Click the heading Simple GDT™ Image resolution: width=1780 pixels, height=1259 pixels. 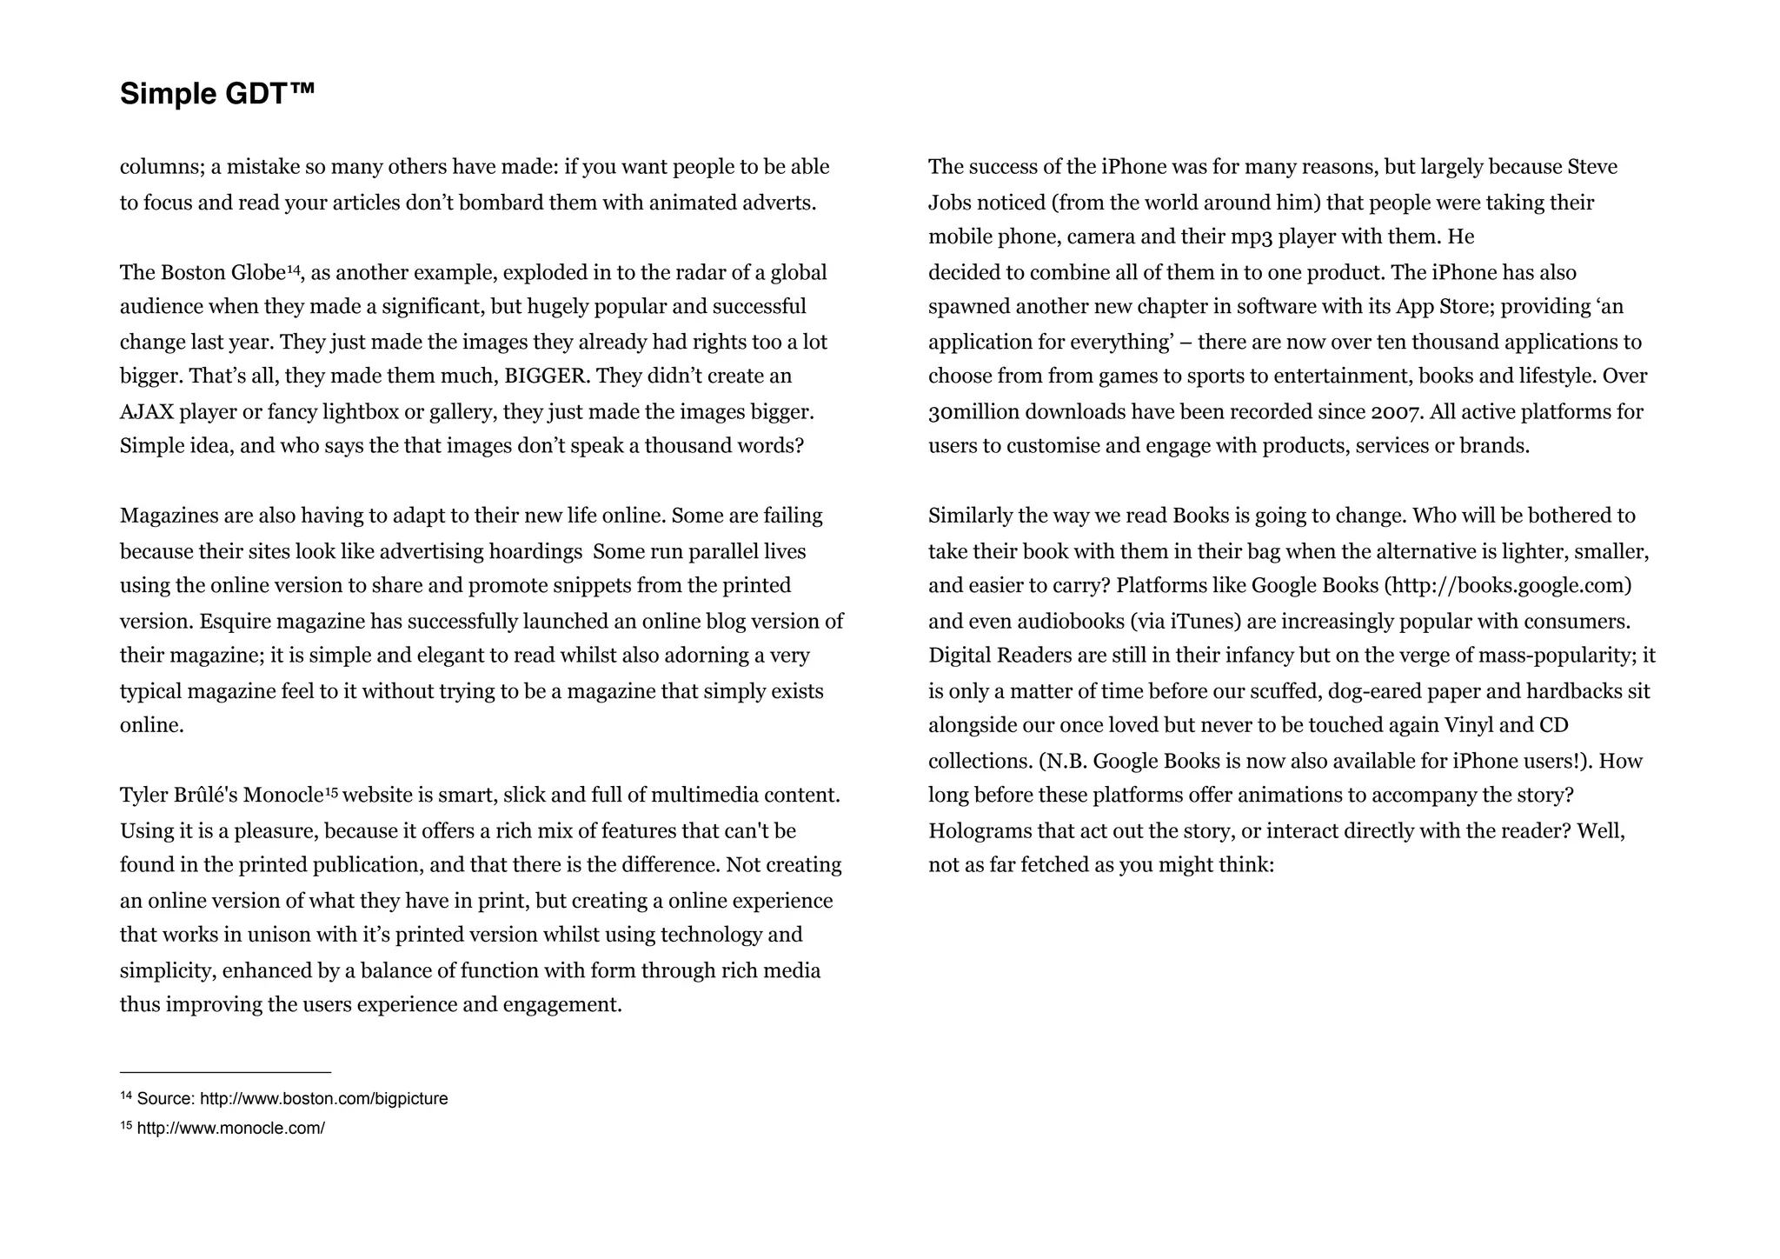[217, 94]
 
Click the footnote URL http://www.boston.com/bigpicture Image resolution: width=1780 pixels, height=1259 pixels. [323, 1099]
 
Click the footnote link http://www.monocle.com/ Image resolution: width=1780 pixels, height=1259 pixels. [230, 1129]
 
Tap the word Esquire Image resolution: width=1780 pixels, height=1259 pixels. [235, 622]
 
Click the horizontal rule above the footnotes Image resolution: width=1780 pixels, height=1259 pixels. [225, 1073]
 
